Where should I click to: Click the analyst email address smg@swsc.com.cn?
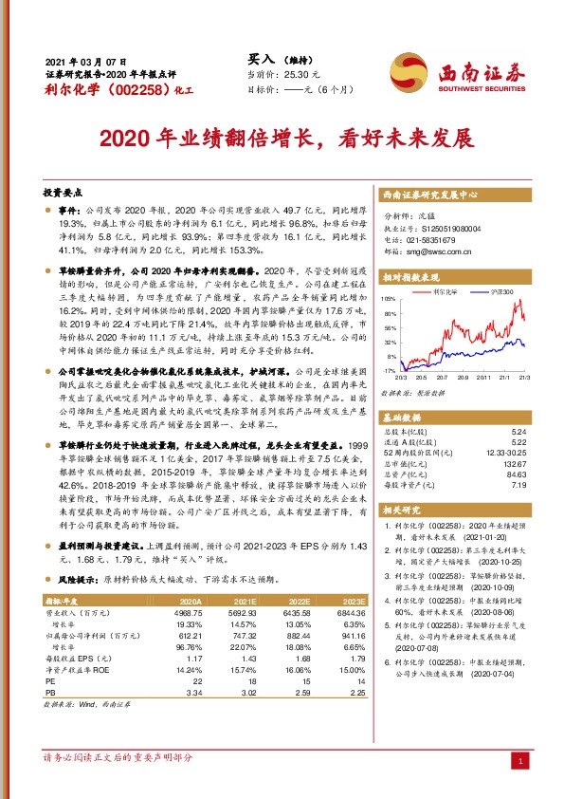point(439,252)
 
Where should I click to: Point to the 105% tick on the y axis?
point(390,299)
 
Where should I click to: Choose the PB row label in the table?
point(50,693)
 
